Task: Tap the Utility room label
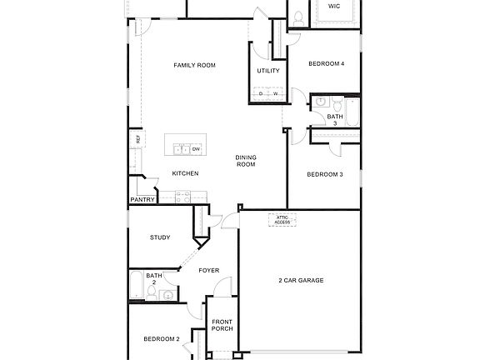pos(267,71)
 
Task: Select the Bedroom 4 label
pos(326,64)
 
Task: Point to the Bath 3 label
pos(334,120)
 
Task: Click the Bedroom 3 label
pos(324,174)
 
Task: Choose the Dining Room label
pos(245,161)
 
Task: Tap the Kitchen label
pos(185,173)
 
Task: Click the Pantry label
pos(142,200)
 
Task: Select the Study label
pos(160,237)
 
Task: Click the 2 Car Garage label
pos(301,280)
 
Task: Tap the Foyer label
pos(208,270)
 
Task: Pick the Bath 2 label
pos(154,279)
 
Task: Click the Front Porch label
pos(222,325)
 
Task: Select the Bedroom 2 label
pos(161,338)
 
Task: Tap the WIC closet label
pos(334,6)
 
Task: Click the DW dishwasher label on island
pos(196,149)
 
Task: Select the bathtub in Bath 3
pos(352,114)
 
